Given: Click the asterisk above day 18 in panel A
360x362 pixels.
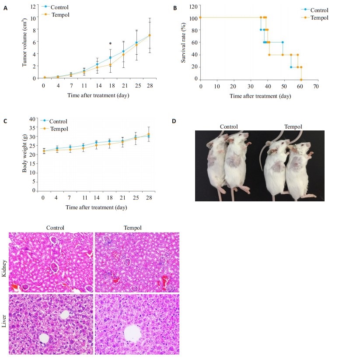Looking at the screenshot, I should [x=111, y=44].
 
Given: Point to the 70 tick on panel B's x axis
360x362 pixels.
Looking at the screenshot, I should [x=315, y=85].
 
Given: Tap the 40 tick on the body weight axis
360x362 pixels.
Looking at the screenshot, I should [x=31, y=119].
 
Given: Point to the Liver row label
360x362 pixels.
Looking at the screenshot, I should [x=4, y=324].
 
